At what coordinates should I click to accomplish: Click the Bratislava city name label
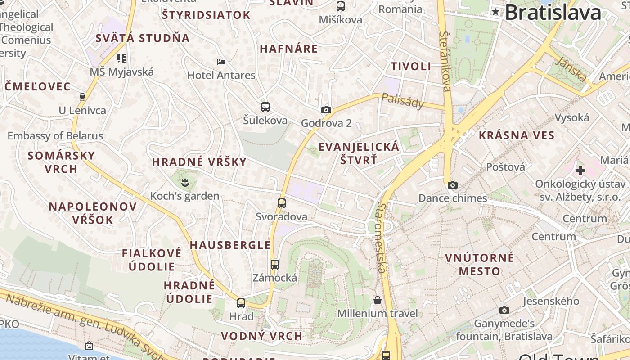(x=553, y=12)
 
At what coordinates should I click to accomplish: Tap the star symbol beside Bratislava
(x=495, y=12)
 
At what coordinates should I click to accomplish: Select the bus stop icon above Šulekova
(x=265, y=107)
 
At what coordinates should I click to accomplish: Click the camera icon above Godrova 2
(x=326, y=110)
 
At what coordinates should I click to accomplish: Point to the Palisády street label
(x=403, y=101)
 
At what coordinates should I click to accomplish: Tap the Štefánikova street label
(x=445, y=61)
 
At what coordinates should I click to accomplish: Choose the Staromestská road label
(x=381, y=237)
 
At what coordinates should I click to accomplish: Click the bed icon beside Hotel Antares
(x=221, y=62)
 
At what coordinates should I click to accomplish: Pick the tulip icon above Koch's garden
(x=185, y=183)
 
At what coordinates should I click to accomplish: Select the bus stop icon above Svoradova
(x=282, y=203)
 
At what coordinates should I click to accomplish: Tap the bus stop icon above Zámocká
(x=275, y=265)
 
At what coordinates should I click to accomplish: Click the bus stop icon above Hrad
(x=242, y=303)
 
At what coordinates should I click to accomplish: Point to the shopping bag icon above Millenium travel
(x=378, y=300)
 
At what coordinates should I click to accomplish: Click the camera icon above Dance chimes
(x=453, y=185)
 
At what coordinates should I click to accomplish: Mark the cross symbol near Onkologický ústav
(x=580, y=171)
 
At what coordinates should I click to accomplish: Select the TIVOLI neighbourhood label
(x=411, y=66)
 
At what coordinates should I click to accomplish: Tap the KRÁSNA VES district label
(x=517, y=135)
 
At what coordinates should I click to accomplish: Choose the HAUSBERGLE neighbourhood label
(x=230, y=245)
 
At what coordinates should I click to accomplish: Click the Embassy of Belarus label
(x=55, y=135)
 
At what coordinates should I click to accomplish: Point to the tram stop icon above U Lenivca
(x=82, y=97)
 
